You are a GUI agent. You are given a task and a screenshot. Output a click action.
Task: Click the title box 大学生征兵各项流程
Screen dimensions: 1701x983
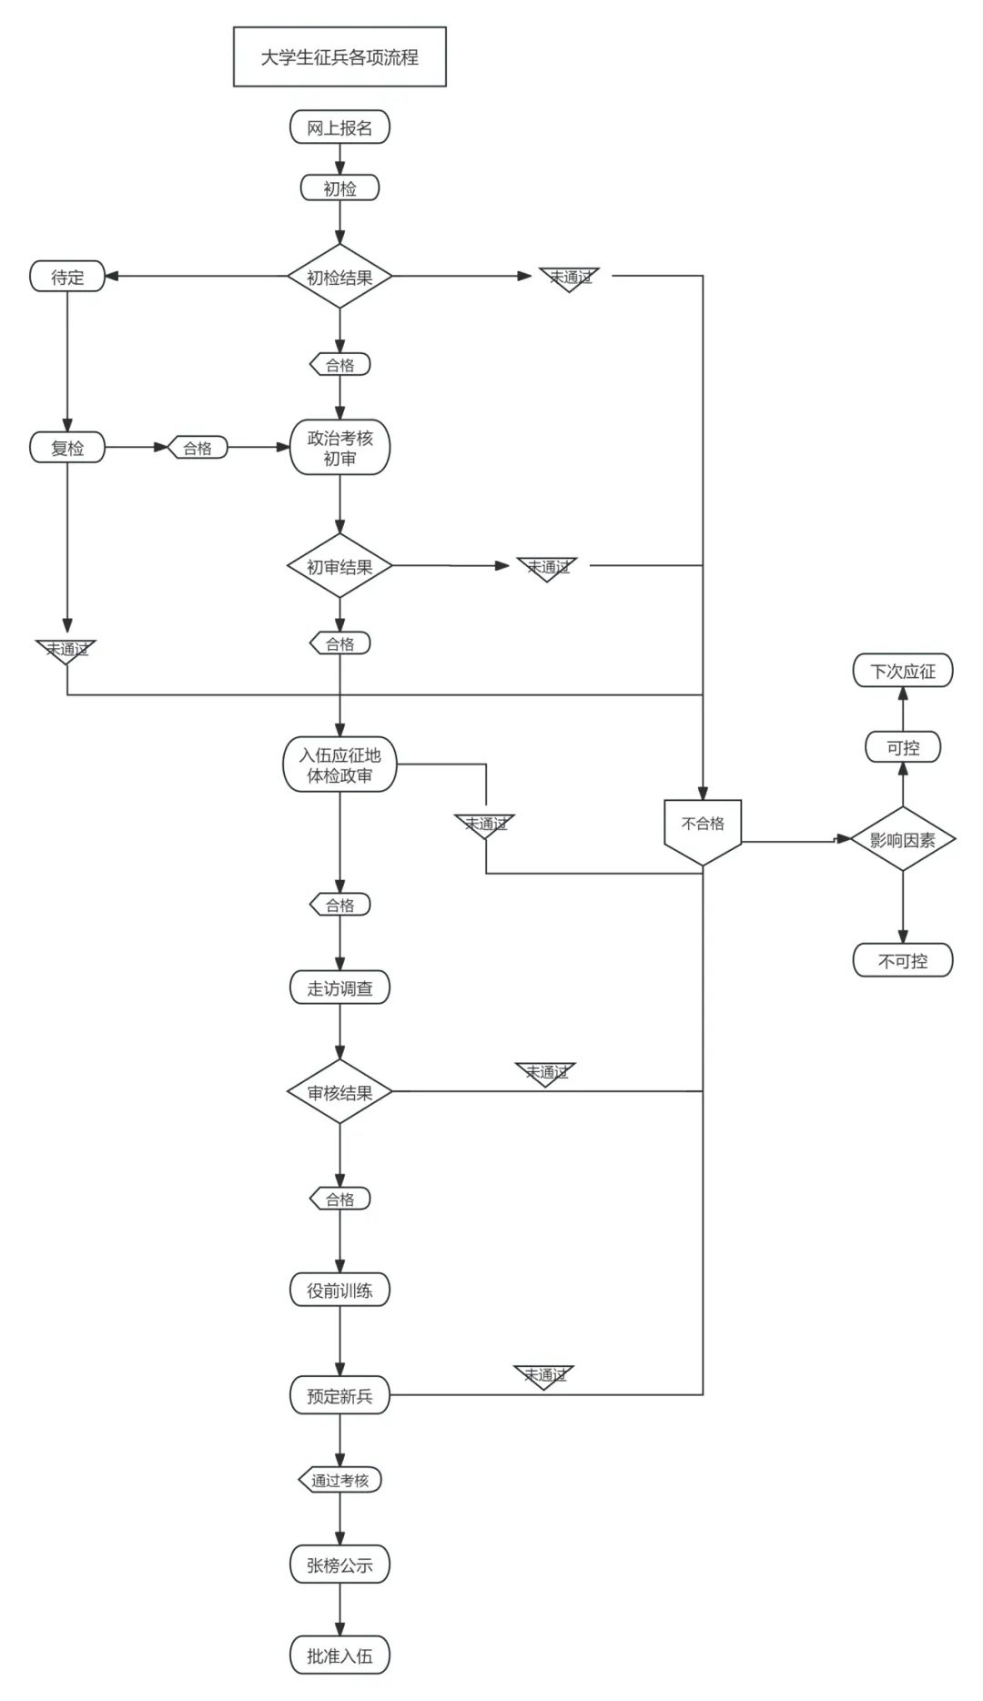pyautogui.click(x=339, y=57)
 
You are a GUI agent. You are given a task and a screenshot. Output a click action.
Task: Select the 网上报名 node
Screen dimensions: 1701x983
pyautogui.click(x=339, y=127)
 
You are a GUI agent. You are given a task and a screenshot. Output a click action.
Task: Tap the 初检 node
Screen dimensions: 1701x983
pyautogui.click(x=339, y=188)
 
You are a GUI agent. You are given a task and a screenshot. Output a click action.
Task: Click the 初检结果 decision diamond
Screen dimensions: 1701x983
pyautogui.click(x=339, y=277)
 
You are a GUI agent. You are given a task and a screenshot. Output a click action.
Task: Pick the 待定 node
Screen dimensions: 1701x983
pyautogui.click(x=67, y=277)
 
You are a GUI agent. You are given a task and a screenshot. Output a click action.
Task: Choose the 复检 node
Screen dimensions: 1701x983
pyautogui.click(x=67, y=448)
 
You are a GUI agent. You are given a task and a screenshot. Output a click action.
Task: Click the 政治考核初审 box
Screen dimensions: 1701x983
pyautogui.click(x=339, y=448)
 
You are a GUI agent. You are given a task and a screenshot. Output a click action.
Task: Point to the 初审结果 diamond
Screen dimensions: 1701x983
pyautogui.click(x=339, y=566)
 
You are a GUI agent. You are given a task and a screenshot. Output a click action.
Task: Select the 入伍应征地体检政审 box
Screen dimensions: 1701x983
pyautogui.click(x=339, y=765)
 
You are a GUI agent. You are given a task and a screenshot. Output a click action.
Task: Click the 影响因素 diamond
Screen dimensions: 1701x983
pyautogui.click(x=902, y=839)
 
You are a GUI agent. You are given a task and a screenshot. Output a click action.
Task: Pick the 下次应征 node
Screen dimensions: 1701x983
pyautogui.click(x=902, y=672)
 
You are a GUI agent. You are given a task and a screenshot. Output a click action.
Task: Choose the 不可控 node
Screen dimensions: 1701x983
pyautogui.click(x=902, y=960)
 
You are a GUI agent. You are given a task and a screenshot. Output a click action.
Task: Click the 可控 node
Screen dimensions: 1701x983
pyautogui.click(x=902, y=747)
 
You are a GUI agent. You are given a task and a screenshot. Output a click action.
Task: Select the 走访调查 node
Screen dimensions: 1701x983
pyautogui.click(x=339, y=988)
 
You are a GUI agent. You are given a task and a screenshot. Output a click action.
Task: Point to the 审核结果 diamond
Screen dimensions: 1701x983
pyautogui.click(x=339, y=1092)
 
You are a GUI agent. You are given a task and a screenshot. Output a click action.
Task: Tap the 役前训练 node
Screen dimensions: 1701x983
pyautogui.click(x=339, y=1290)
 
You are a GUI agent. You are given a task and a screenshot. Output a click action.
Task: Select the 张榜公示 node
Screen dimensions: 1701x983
pyautogui.click(x=339, y=1565)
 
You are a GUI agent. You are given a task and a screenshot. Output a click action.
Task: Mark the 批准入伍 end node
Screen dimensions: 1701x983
pyautogui.click(x=339, y=1656)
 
